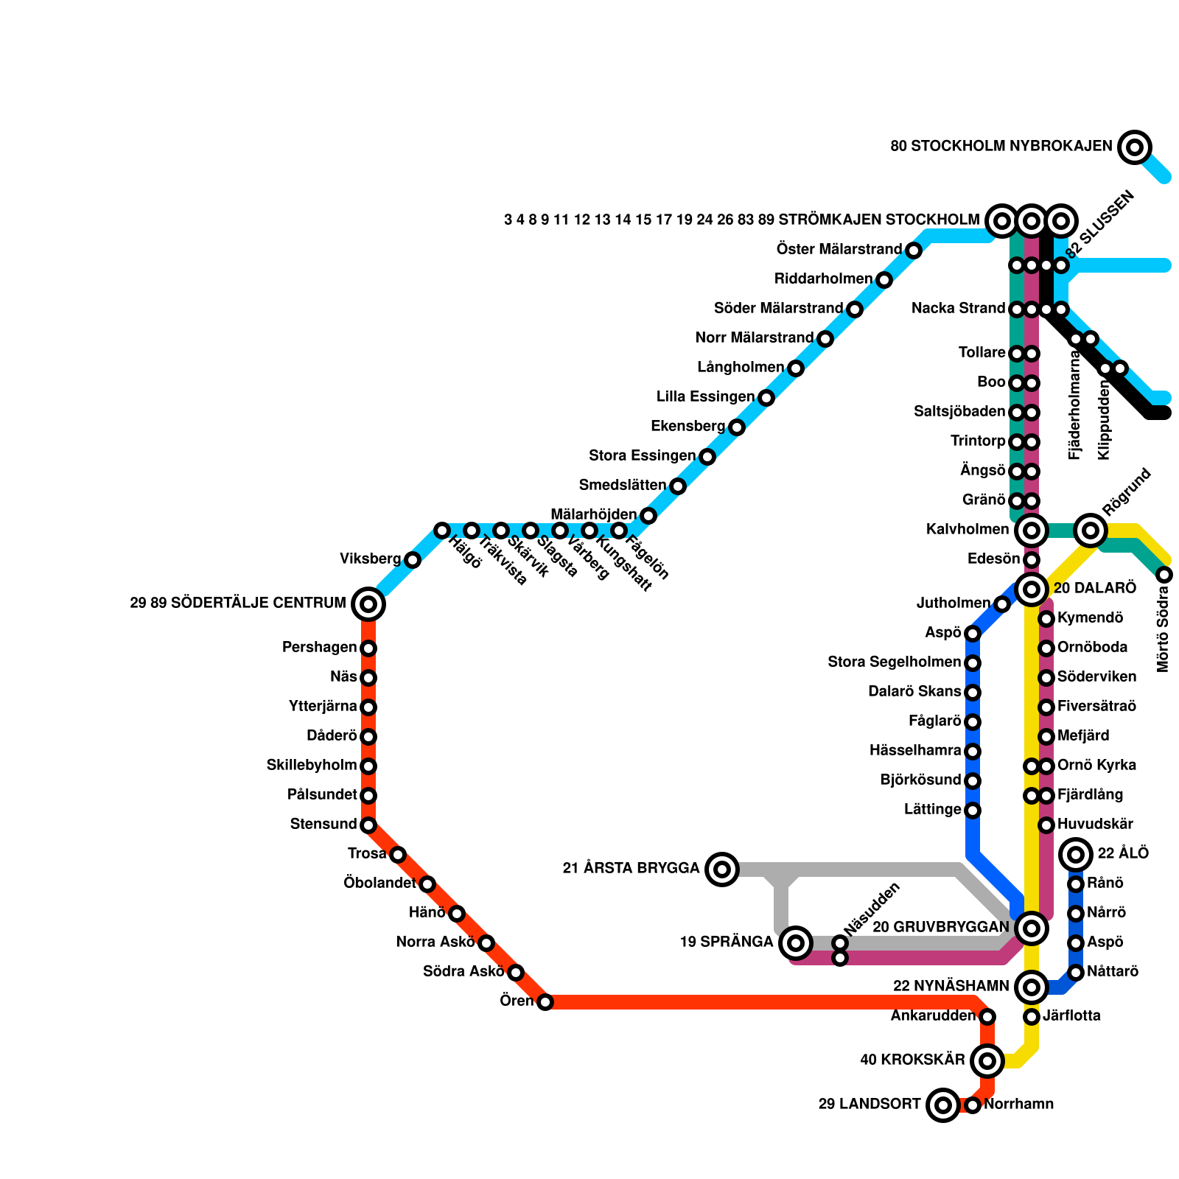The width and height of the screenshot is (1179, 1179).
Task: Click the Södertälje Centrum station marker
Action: [368, 604]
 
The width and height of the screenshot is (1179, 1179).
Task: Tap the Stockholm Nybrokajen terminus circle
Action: [1135, 147]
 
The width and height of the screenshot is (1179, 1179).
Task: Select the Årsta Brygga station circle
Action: [722, 870]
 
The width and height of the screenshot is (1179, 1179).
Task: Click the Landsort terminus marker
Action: [943, 1105]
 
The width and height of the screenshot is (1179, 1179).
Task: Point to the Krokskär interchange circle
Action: [987, 1061]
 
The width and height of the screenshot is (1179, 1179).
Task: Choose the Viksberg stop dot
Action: [413, 560]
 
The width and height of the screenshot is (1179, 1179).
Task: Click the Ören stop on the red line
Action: [545, 1002]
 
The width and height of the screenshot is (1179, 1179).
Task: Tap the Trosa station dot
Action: [398, 855]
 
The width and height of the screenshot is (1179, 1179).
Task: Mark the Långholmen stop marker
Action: [795, 368]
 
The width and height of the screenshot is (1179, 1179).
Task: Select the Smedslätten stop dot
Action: [678, 486]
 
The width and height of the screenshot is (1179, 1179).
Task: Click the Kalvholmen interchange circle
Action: [1032, 530]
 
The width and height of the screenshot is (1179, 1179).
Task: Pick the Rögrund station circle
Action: [1091, 530]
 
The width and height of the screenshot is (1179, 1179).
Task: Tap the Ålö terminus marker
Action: [1076, 855]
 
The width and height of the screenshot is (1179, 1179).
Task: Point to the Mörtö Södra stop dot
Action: [1164, 575]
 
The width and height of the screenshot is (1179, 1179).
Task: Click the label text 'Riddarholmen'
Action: [823, 279]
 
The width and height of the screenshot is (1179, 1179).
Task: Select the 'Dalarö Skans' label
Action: [914, 692]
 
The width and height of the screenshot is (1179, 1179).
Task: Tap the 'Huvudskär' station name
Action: [1095, 825]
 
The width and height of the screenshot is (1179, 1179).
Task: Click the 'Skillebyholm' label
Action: [311, 766]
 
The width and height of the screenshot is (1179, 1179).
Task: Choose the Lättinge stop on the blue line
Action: [973, 811]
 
